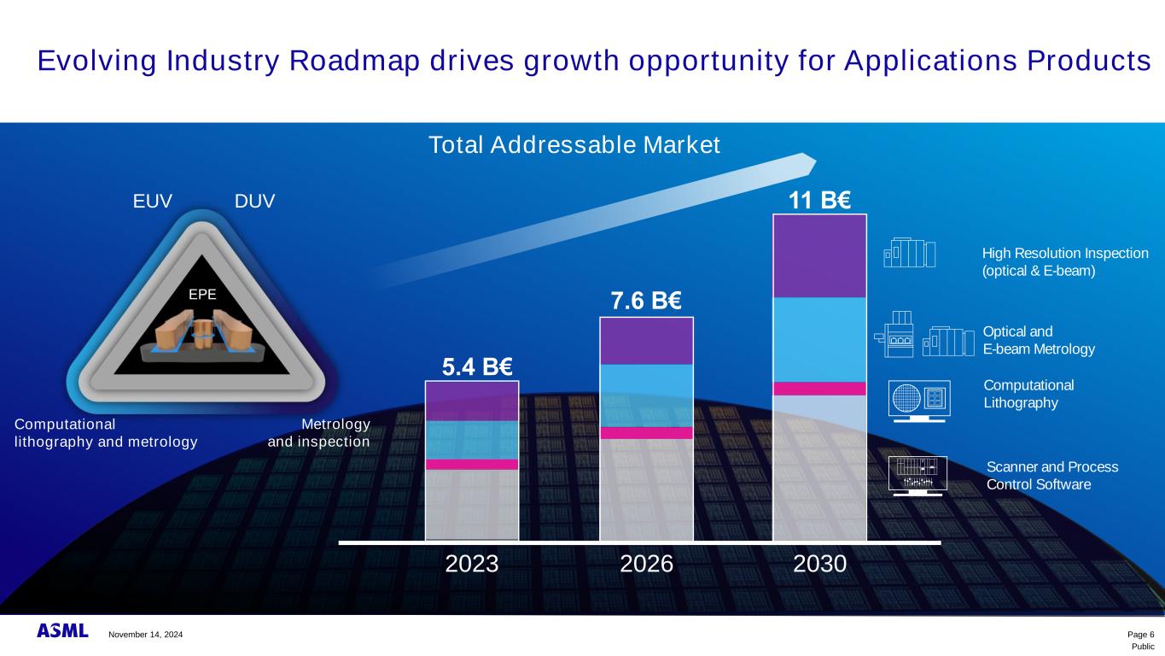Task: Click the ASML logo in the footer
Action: pos(62,631)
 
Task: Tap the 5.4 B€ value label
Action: pos(477,367)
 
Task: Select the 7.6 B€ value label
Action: pos(645,302)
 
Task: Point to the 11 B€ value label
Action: pos(819,201)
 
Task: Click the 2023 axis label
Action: pos(472,565)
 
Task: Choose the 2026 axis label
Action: pos(646,565)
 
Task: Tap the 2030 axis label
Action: pos(819,565)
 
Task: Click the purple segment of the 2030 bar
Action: pos(819,255)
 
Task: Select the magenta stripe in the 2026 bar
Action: pos(646,433)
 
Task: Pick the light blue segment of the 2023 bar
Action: pos(472,440)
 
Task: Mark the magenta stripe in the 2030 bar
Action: pos(819,389)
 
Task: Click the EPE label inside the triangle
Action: pos(202,294)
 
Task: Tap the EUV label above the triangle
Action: pos(153,202)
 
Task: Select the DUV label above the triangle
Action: pos(255,202)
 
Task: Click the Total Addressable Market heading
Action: pos(574,146)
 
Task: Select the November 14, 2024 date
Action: pos(145,635)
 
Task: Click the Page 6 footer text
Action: pos(1140,634)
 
